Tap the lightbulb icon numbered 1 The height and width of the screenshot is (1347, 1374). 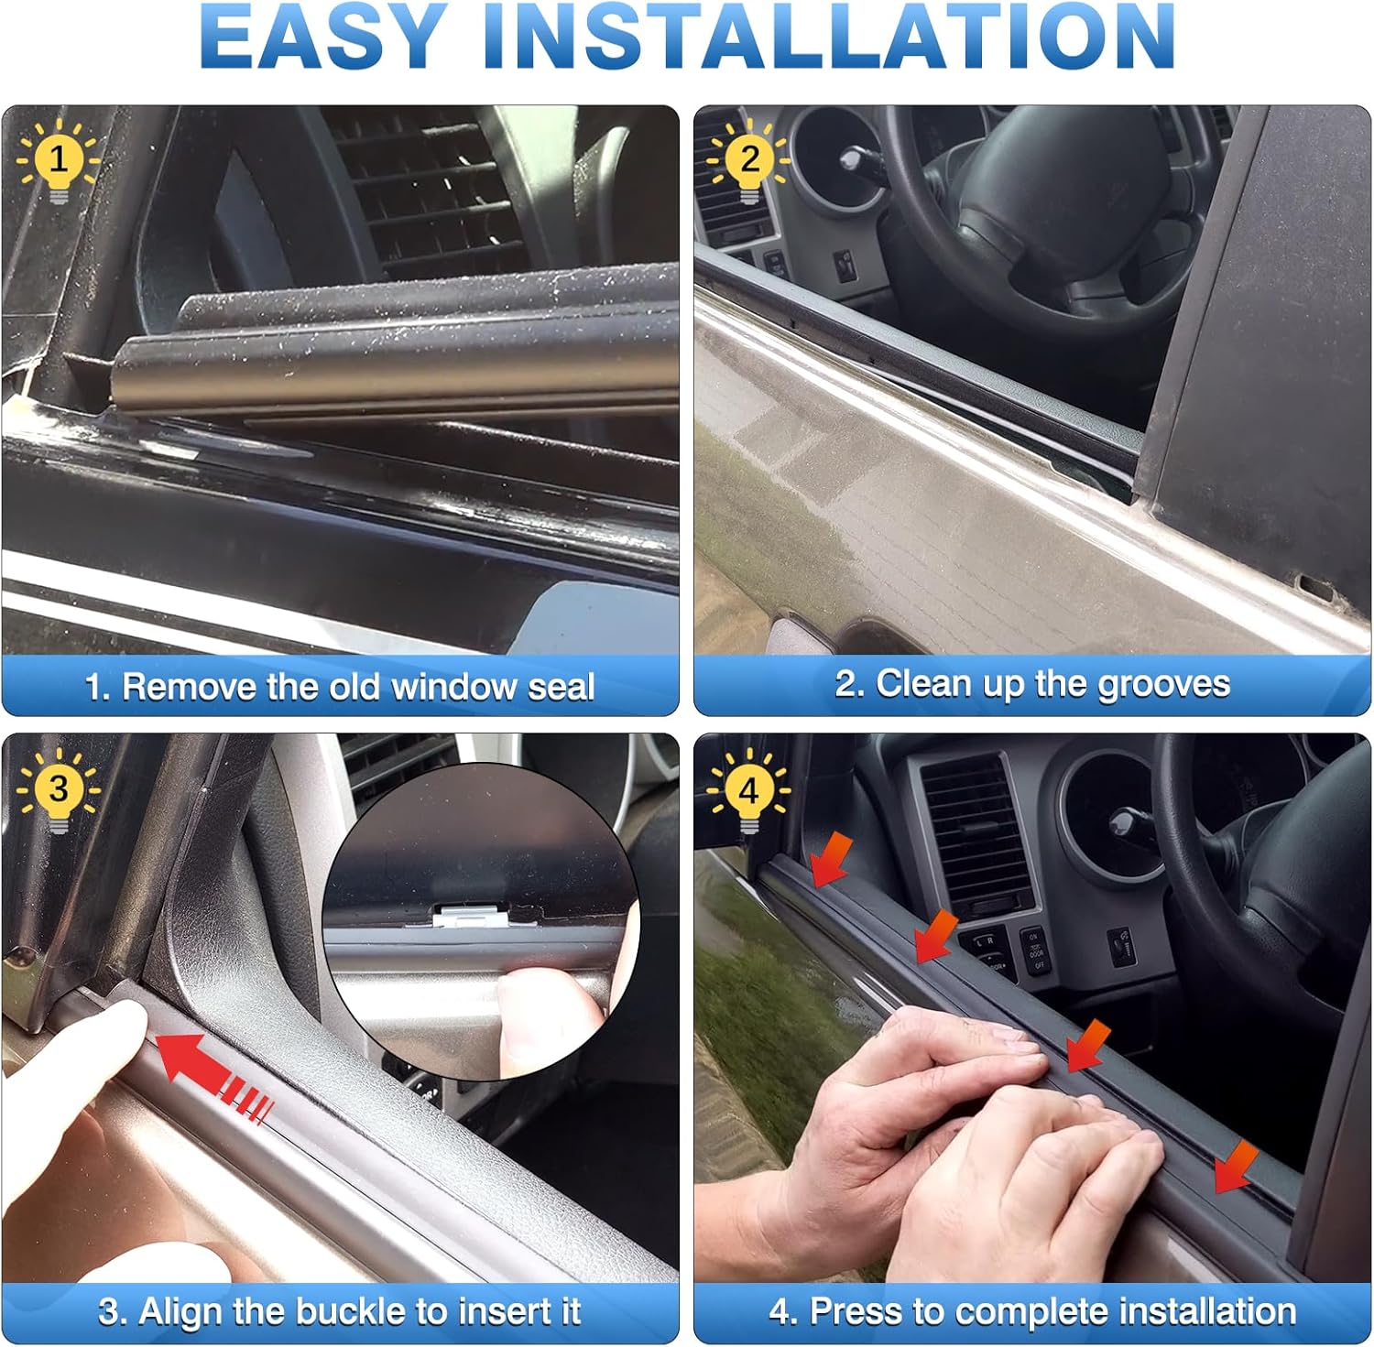tap(59, 161)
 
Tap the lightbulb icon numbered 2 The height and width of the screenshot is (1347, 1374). tap(749, 161)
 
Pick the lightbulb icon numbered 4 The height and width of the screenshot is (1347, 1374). tap(749, 790)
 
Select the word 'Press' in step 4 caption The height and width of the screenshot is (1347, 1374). tap(851, 1311)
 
